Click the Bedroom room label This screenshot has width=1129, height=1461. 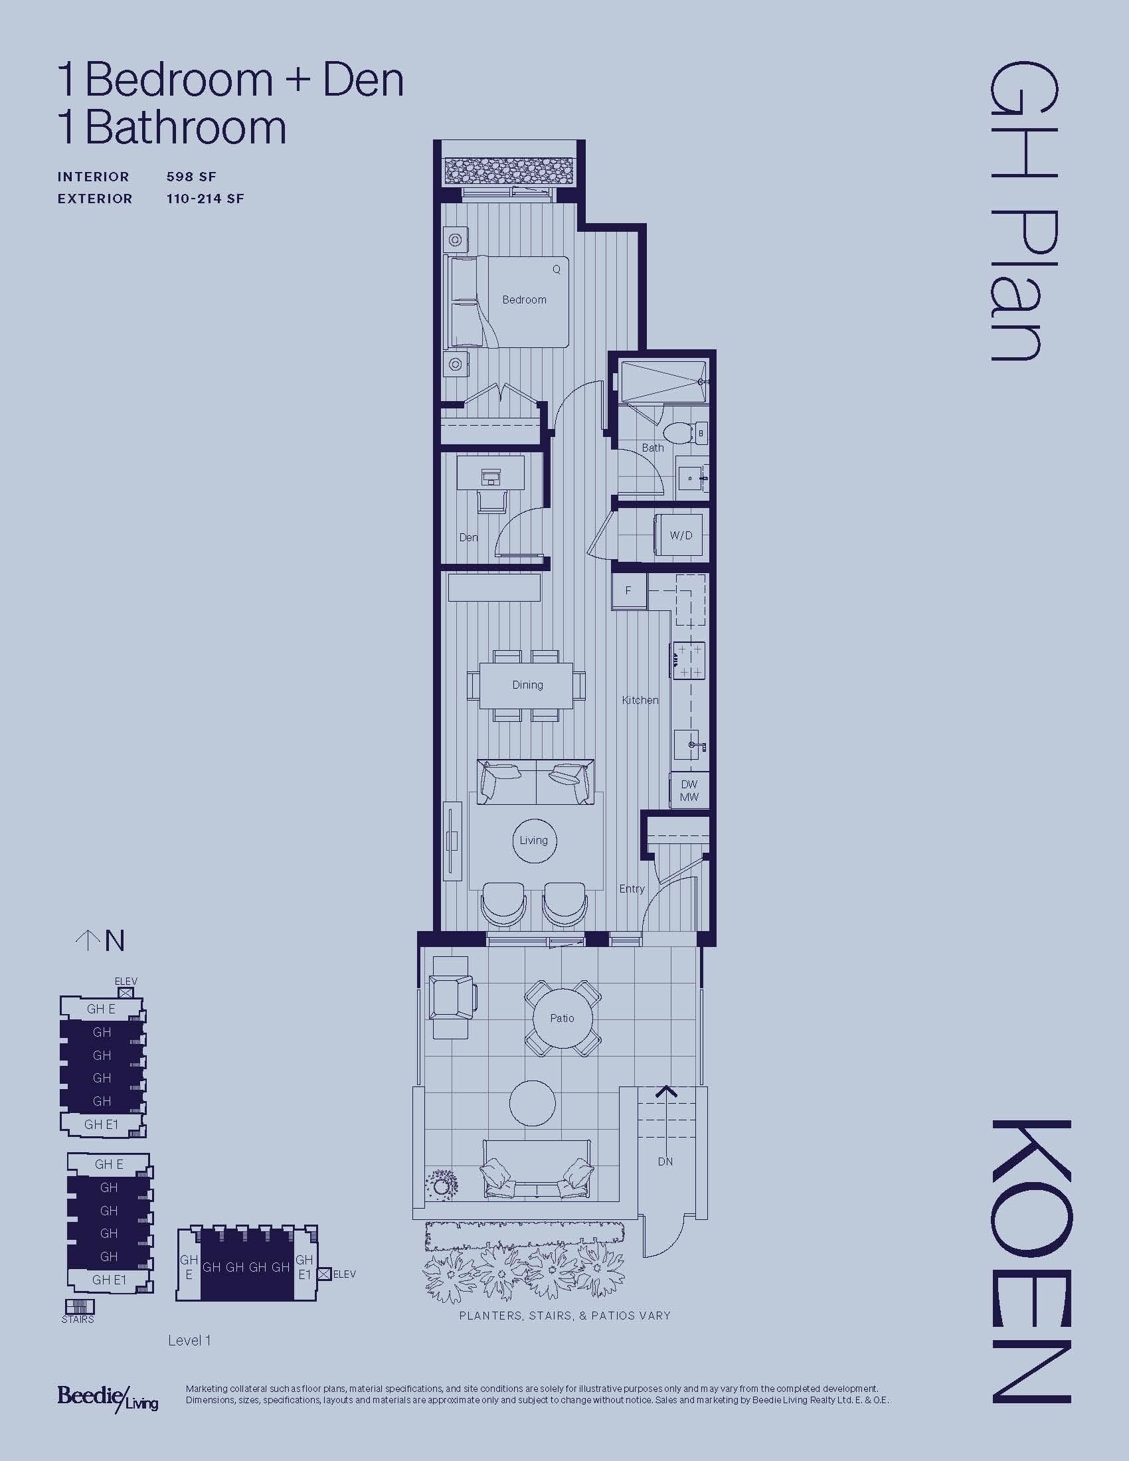click(x=525, y=300)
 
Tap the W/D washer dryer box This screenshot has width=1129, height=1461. click(x=681, y=536)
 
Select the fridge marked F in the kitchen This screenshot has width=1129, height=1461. click(x=629, y=590)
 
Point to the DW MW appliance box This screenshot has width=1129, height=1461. click(x=689, y=791)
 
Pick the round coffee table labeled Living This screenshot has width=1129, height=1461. click(x=534, y=841)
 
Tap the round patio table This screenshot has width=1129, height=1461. click(x=562, y=1018)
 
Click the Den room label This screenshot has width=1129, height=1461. click(x=468, y=537)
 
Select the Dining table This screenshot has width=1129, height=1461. click(x=527, y=685)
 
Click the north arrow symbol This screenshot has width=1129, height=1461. click(x=87, y=941)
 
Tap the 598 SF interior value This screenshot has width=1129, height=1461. click(x=191, y=177)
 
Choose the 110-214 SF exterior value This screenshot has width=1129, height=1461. click(x=205, y=199)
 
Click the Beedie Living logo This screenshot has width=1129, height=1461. click(x=108, y=1397)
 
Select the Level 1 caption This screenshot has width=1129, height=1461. click(x=189, y=1341)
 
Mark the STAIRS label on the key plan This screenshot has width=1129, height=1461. click(x=78, y=1320)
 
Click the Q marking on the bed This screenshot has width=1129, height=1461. click(x=556, y=269)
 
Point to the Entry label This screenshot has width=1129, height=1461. click(x=632, y=889)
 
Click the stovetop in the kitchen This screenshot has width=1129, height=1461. click(x=689, y=660)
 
